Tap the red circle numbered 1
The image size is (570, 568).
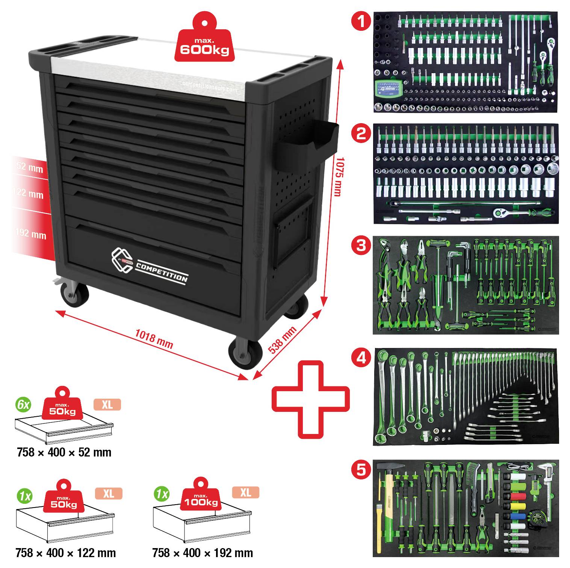361,21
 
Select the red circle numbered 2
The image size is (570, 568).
361,133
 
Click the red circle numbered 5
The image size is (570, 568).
361,469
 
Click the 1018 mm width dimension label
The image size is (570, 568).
154,339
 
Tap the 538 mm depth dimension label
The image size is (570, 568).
282,340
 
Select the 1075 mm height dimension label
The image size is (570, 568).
339,176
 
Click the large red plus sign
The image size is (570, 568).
310,399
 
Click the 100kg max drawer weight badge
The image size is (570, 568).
201,496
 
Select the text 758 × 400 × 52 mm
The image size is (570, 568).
64,452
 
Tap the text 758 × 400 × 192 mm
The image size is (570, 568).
203,553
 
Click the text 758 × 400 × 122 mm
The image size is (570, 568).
66,553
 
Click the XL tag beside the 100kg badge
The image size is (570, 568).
245,492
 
